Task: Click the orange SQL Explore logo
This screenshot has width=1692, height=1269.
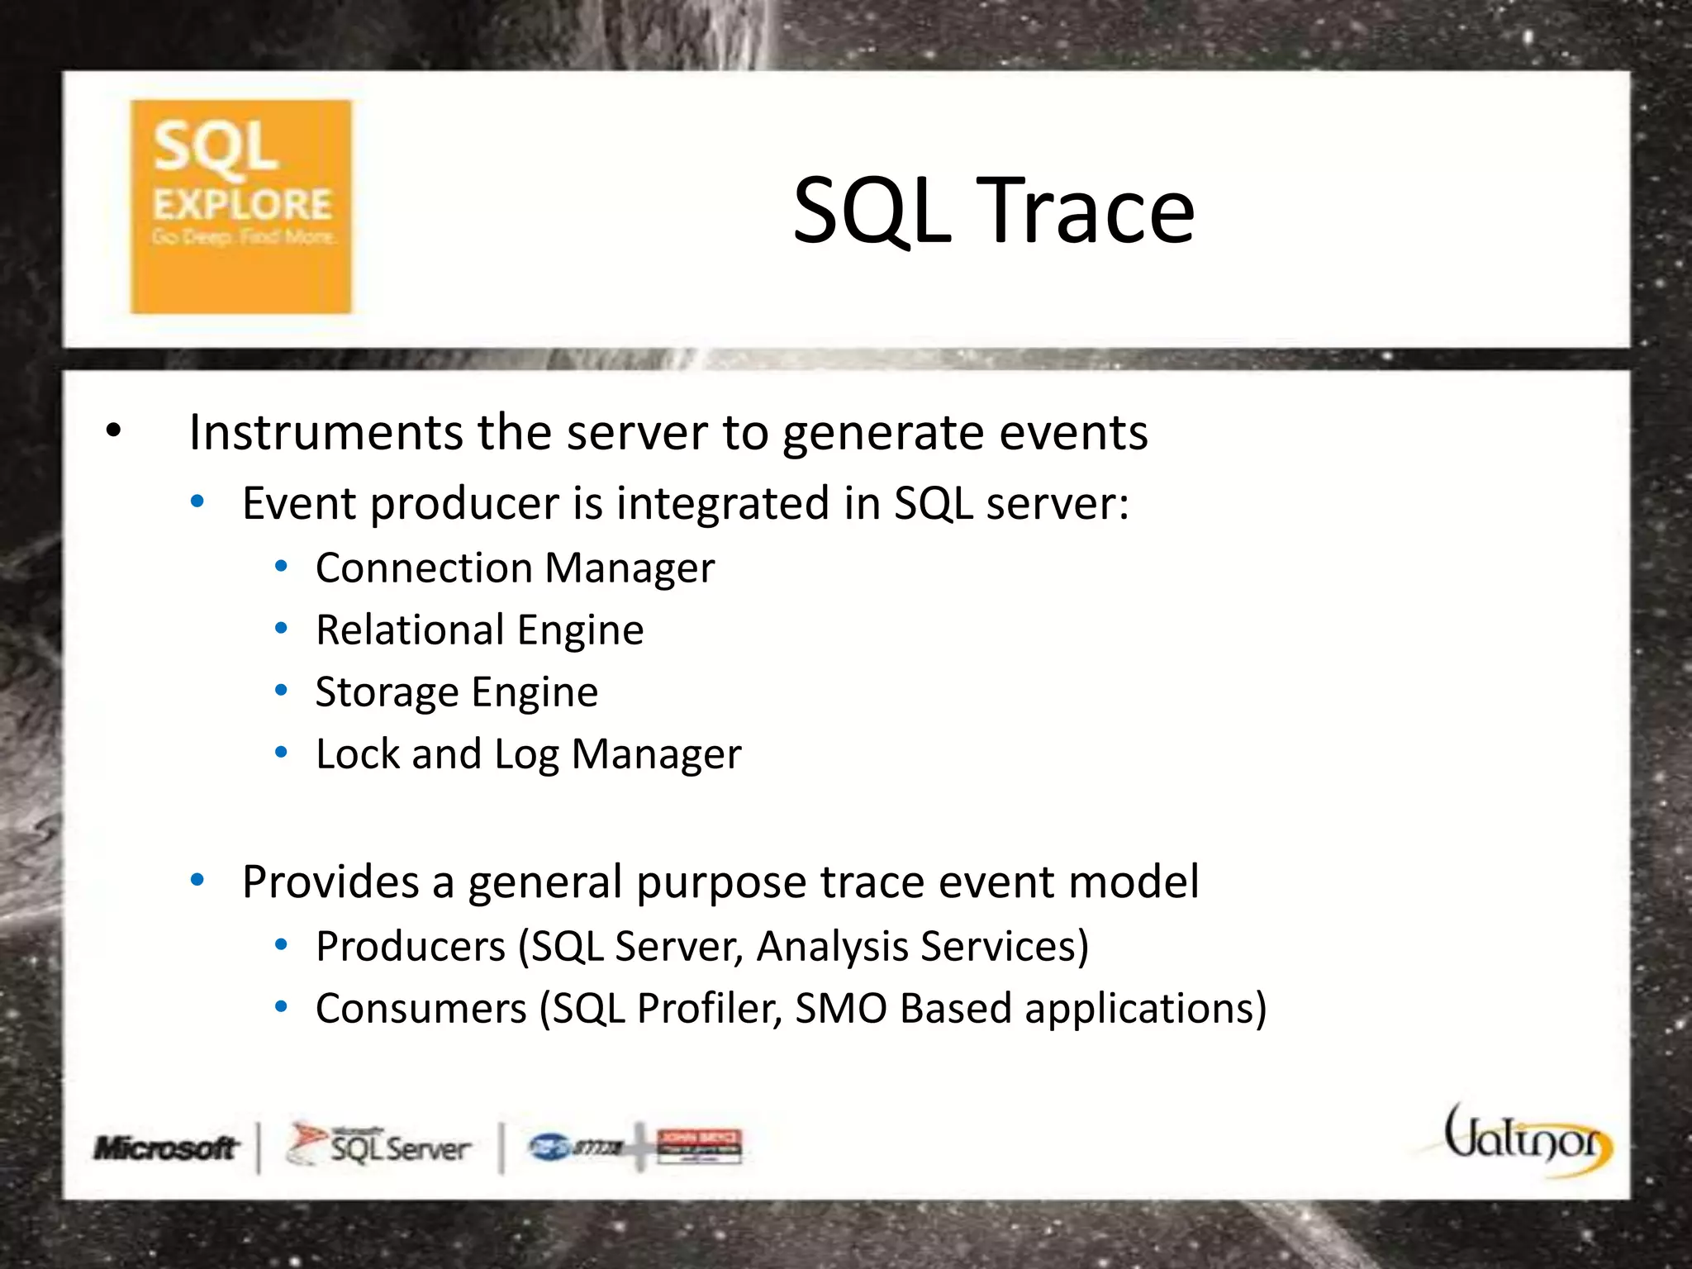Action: [240, 207]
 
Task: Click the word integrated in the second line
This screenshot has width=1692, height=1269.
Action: [723, 503]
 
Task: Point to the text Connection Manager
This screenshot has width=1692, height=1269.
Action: [514, 568]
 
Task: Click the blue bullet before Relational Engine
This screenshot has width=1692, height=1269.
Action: [281, 629]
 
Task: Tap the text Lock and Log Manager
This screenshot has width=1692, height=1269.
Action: [528, 753]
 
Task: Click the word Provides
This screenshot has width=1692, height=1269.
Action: [330, 882]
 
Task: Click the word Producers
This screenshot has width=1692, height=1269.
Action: [410, 946]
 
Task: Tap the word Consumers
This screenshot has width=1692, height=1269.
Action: [421, 1009]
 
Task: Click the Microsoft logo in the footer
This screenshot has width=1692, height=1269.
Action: [165, 1148]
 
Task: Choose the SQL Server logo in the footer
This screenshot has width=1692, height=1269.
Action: [379, 1146]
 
